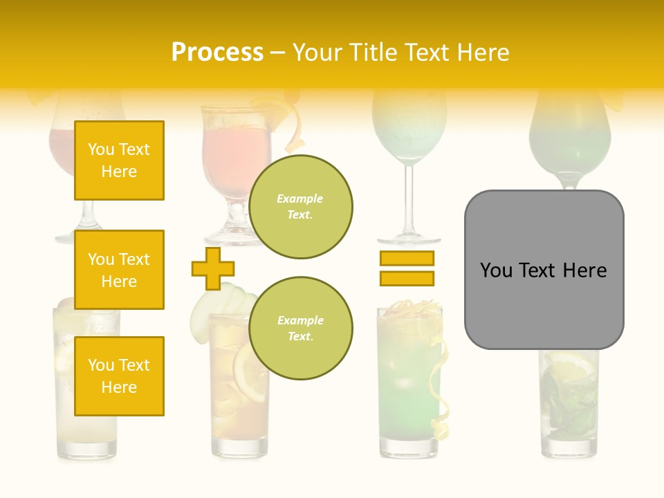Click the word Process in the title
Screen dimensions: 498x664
coord(217,53)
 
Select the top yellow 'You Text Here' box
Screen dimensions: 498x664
coord(119,160)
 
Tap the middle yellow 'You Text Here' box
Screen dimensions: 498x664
coord(119,270)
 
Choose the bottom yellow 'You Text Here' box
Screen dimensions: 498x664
coord(119,376)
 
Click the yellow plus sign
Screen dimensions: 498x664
coord(213,268)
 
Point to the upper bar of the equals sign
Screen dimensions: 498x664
coord(407,258)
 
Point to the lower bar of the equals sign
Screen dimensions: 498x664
coord(407,278)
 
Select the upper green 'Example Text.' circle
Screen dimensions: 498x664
coord(300,207)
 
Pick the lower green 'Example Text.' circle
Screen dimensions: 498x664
coord(300,329)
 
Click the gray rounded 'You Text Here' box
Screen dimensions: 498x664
coord(544,270)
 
